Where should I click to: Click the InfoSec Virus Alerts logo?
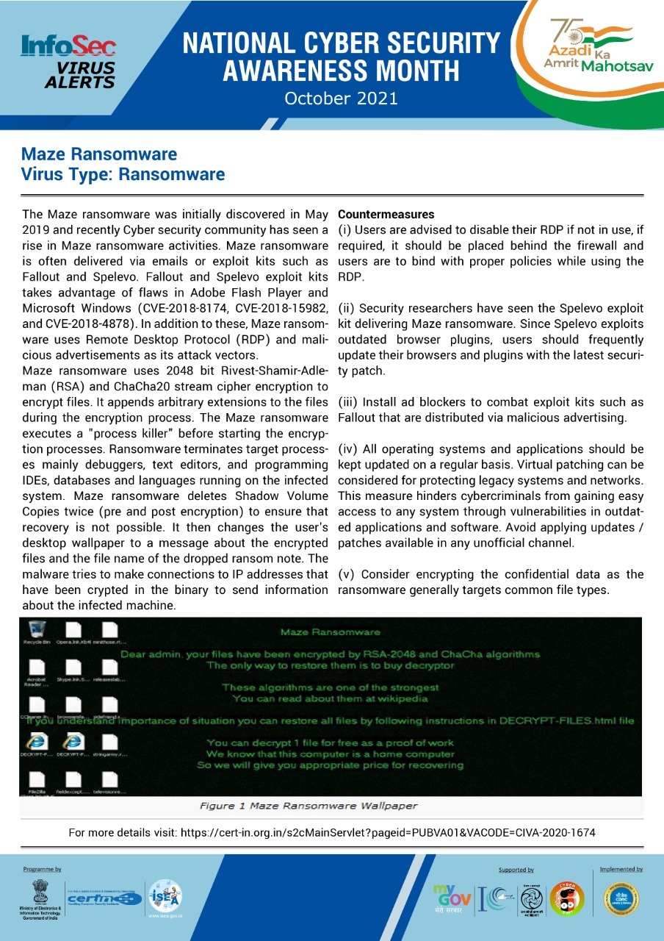69,62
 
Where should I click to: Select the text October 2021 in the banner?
341,98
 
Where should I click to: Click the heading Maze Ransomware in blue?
99,154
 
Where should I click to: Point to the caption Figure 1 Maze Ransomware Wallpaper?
308,806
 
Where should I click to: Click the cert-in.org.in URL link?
387,833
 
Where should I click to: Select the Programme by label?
42,869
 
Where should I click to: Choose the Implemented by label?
621,869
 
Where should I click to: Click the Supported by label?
516,870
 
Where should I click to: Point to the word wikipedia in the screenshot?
408,698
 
